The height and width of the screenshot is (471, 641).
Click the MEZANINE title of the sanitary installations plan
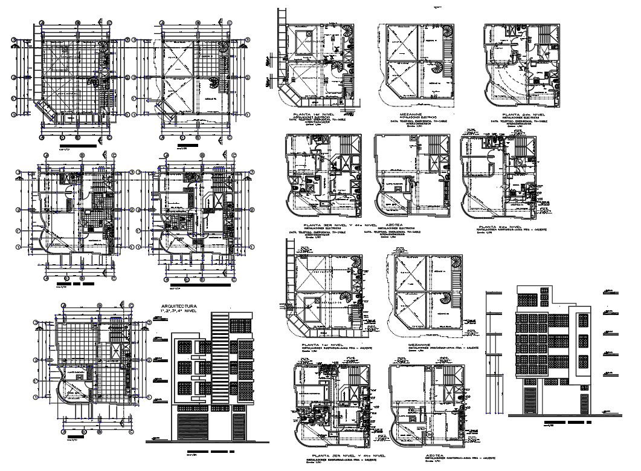425,346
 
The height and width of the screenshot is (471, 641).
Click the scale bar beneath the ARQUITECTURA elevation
208,452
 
